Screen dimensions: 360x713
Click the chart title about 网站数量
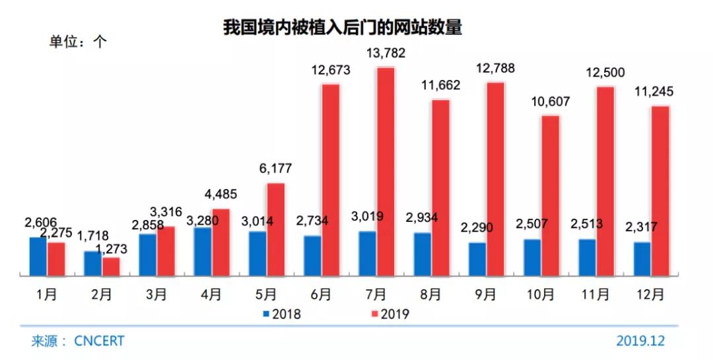[343, 28]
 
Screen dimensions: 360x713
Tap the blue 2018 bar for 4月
[203, 252]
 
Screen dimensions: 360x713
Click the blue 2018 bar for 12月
[642, 259]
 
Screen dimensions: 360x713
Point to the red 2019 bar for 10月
[551, 195]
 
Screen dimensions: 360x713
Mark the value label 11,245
[652, 91]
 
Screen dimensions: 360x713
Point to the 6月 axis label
[322, 295]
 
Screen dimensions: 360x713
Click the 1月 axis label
[46, 295]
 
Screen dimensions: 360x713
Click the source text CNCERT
[99, 342]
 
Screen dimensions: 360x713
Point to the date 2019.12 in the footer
[640, 342]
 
